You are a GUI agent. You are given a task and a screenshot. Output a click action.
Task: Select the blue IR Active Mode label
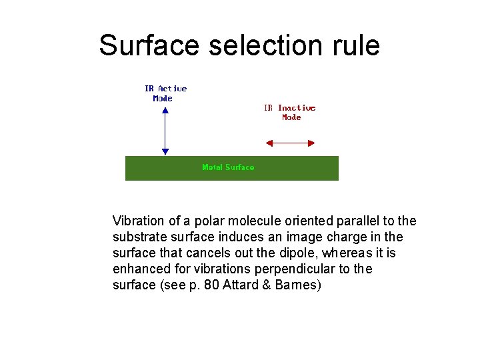click(165, 93)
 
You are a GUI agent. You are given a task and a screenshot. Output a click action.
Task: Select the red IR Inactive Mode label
click(290, 112)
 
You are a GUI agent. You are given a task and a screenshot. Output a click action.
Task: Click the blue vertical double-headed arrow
click(165, 130)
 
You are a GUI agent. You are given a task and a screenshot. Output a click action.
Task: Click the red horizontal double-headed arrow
click(290, 142)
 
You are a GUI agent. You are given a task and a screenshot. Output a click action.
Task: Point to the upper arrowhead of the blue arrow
click(165, 107)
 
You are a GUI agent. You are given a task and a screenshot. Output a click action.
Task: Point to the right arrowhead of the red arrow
click(311, 142)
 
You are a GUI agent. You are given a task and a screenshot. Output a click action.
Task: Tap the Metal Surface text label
click(228, 167)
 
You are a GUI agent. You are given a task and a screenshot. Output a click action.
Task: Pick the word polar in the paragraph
click(209, 221)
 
